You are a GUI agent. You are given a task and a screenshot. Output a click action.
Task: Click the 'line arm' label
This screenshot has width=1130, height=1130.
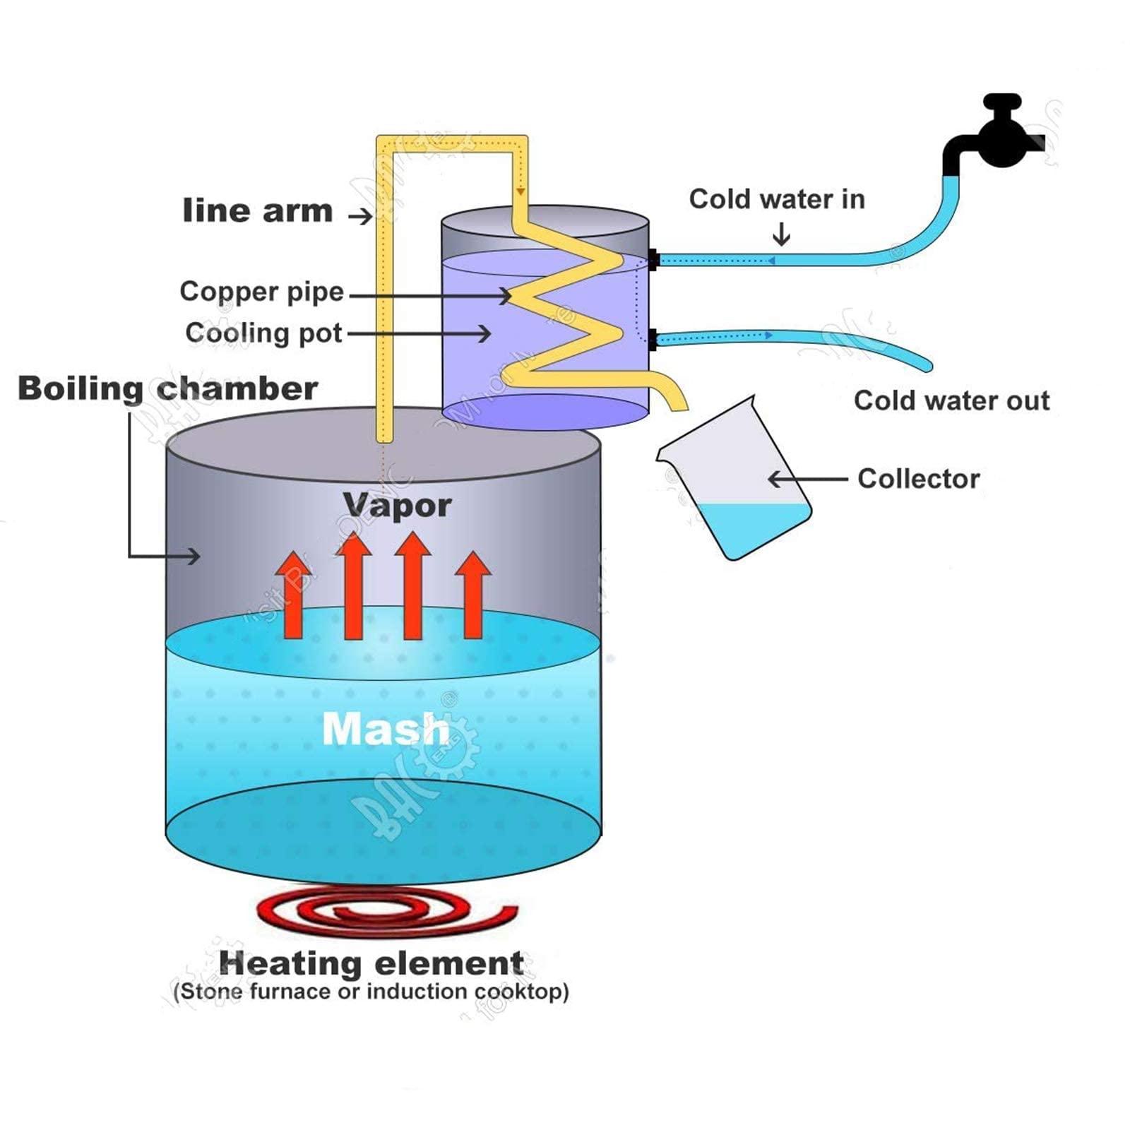pyautogui.click(x=257, y=211)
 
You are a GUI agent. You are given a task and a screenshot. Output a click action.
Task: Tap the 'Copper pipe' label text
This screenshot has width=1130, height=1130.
pyautogui.click(x=261, y=292)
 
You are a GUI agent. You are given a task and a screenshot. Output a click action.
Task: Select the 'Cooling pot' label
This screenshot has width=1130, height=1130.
pyautogui.click(x=263, y=333)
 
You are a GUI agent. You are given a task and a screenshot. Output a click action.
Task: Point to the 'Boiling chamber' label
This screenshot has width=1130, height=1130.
pyautogui.click(x=167, y=388)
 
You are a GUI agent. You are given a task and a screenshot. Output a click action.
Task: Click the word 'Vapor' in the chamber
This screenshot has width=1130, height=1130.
pyautogui.click(x=397, y=505)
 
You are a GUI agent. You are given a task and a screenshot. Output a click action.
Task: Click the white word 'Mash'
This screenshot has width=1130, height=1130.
pyautogui.click(x=386, y=728)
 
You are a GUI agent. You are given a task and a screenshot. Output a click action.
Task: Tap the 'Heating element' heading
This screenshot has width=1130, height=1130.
pyautogui.click(x=371, y=963)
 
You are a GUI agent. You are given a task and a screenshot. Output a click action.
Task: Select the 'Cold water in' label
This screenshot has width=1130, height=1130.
pyautogui.click(x=777, y=199)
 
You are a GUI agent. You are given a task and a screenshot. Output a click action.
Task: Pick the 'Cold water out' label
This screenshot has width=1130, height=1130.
pyautogui.click(x=951, y=400)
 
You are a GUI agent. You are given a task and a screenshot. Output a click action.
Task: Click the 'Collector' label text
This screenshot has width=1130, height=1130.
pyautogui.click(x=918, y=479)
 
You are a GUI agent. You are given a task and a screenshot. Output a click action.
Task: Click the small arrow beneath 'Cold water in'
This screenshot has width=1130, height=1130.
pyautogui.click(x=781, y=234)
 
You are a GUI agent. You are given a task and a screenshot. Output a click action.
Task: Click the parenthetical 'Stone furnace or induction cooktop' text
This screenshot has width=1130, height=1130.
pyautogui.click(x=371, y=992)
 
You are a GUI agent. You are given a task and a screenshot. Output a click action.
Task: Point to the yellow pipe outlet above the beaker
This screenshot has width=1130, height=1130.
pyautogui.click(x=677, y=400)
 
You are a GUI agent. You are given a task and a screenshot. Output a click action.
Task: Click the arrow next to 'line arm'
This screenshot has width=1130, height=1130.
pyautogui.click(x=361, y=215)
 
